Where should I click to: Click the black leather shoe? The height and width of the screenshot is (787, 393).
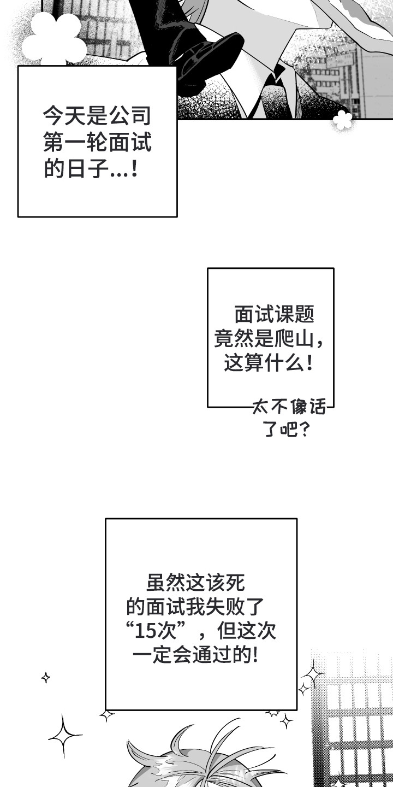coord(207,60)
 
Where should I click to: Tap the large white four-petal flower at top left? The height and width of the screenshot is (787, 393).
coord(55,39)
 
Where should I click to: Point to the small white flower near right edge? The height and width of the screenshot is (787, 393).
coord(342,120)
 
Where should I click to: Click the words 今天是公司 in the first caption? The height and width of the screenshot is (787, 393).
coord(97,116)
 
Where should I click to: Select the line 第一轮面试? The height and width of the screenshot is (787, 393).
coord(97,143)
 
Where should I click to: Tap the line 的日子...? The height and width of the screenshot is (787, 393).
coord(91,169)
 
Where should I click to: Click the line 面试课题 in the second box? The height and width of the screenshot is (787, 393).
coord(275,314)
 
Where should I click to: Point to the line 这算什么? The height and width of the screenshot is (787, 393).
coord(269,362)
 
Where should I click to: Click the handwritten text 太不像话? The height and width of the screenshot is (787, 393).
coord(289,407)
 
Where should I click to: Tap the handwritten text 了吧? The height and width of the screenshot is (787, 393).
coord(287,428)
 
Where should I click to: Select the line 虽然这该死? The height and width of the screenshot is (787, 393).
coord(196,583)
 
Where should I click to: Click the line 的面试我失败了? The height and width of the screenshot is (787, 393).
coord(195,607)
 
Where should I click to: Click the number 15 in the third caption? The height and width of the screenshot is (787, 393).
coord(145,631)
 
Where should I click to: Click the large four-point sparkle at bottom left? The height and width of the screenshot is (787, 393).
coord(64,736)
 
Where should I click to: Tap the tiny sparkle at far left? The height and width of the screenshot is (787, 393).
coord(46,677)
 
